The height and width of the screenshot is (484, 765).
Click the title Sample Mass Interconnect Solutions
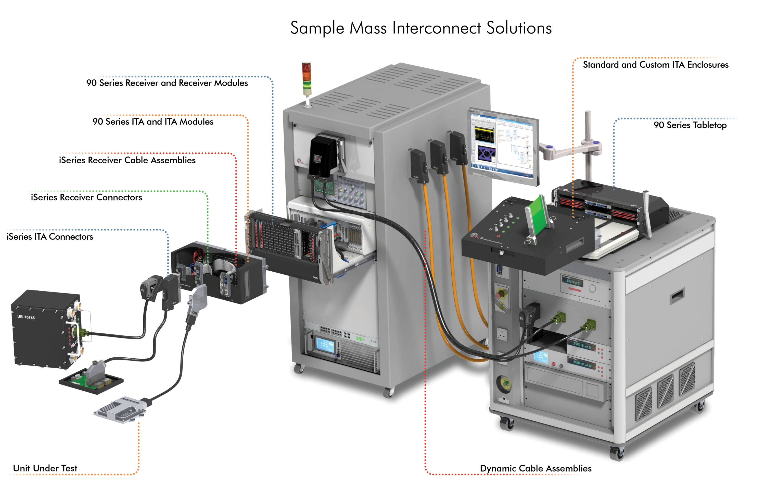pos(421,28)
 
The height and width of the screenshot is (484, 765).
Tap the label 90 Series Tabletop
pos(690,125)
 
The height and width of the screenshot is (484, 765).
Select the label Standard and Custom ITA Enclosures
pos(655,65)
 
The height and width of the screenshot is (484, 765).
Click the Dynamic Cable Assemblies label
pos(535,468)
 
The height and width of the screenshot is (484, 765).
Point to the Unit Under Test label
pos(45,468)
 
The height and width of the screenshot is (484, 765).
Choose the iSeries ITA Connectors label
pos(50,237)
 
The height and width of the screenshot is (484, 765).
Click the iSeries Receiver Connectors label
pos(86,198)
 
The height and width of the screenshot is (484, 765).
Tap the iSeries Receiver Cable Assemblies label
pos(127,160)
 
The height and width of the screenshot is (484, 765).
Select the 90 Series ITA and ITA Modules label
pos(153,122)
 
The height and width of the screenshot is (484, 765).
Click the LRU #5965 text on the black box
pos(26,317)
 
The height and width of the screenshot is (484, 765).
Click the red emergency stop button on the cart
pos(501,294)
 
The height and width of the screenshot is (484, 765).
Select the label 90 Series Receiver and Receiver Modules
pos(167,83)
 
